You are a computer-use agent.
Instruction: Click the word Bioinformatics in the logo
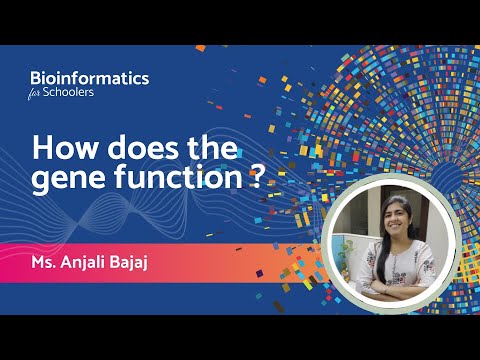[x=90, y=77]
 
